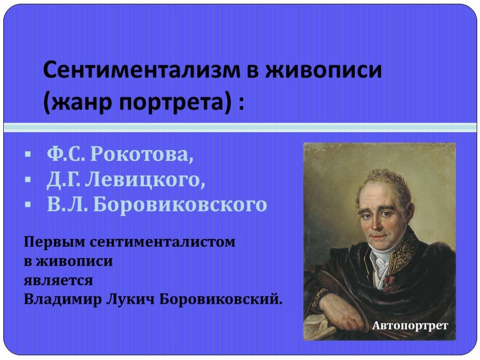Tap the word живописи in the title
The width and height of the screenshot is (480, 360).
click(324, 70)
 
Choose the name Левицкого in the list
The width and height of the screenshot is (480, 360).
click(145, 179)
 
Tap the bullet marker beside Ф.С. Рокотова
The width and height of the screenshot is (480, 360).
click(28, 154)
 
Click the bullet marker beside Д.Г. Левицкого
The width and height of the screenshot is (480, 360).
click(28, 180)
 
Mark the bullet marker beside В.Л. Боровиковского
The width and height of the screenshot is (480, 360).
click(28, 204)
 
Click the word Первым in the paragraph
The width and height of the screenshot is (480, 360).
click(54, 242)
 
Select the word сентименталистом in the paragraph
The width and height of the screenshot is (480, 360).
click(163, 242)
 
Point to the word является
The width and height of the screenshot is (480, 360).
click(58, 280)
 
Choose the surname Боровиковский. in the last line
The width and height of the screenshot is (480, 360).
click(220, 299)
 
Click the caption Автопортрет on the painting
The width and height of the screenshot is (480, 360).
click(410, 326)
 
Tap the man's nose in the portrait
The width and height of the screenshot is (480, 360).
click(375, 225)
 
